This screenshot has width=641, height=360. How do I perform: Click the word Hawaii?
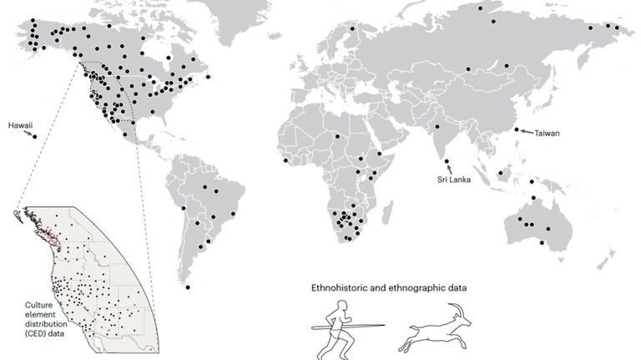20,125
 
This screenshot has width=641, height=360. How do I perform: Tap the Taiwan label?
547,133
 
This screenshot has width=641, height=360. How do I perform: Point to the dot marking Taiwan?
517,129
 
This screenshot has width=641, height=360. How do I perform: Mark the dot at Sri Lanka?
447,162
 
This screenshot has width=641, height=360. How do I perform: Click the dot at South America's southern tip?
189,288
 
